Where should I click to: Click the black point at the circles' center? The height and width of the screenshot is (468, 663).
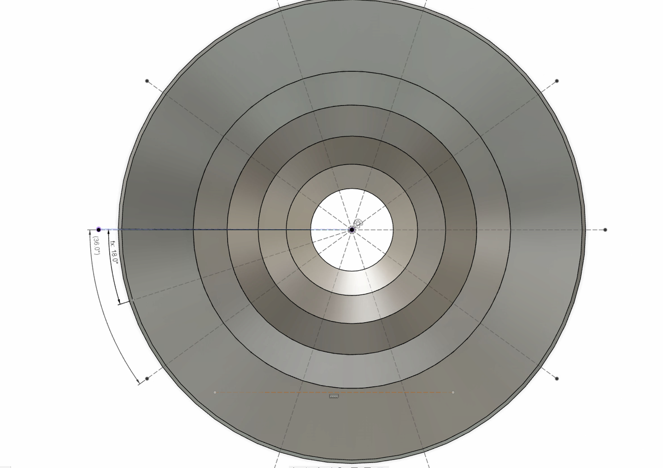pos(352,230)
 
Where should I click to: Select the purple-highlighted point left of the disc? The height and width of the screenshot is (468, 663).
pos(99,230)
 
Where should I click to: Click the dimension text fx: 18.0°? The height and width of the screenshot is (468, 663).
pos(114,252)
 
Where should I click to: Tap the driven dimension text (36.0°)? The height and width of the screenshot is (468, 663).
pos(97,246)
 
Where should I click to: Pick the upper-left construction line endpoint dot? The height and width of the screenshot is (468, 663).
pos(147,81)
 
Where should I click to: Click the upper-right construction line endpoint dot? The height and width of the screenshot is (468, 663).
pos(557,81)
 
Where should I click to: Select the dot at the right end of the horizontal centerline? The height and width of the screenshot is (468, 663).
pos(605,230)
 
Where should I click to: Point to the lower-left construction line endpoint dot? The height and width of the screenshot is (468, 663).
pos(147,379)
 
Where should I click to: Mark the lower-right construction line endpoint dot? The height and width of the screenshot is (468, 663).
pos(557,379)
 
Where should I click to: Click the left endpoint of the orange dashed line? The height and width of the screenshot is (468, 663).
pos(215,392)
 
